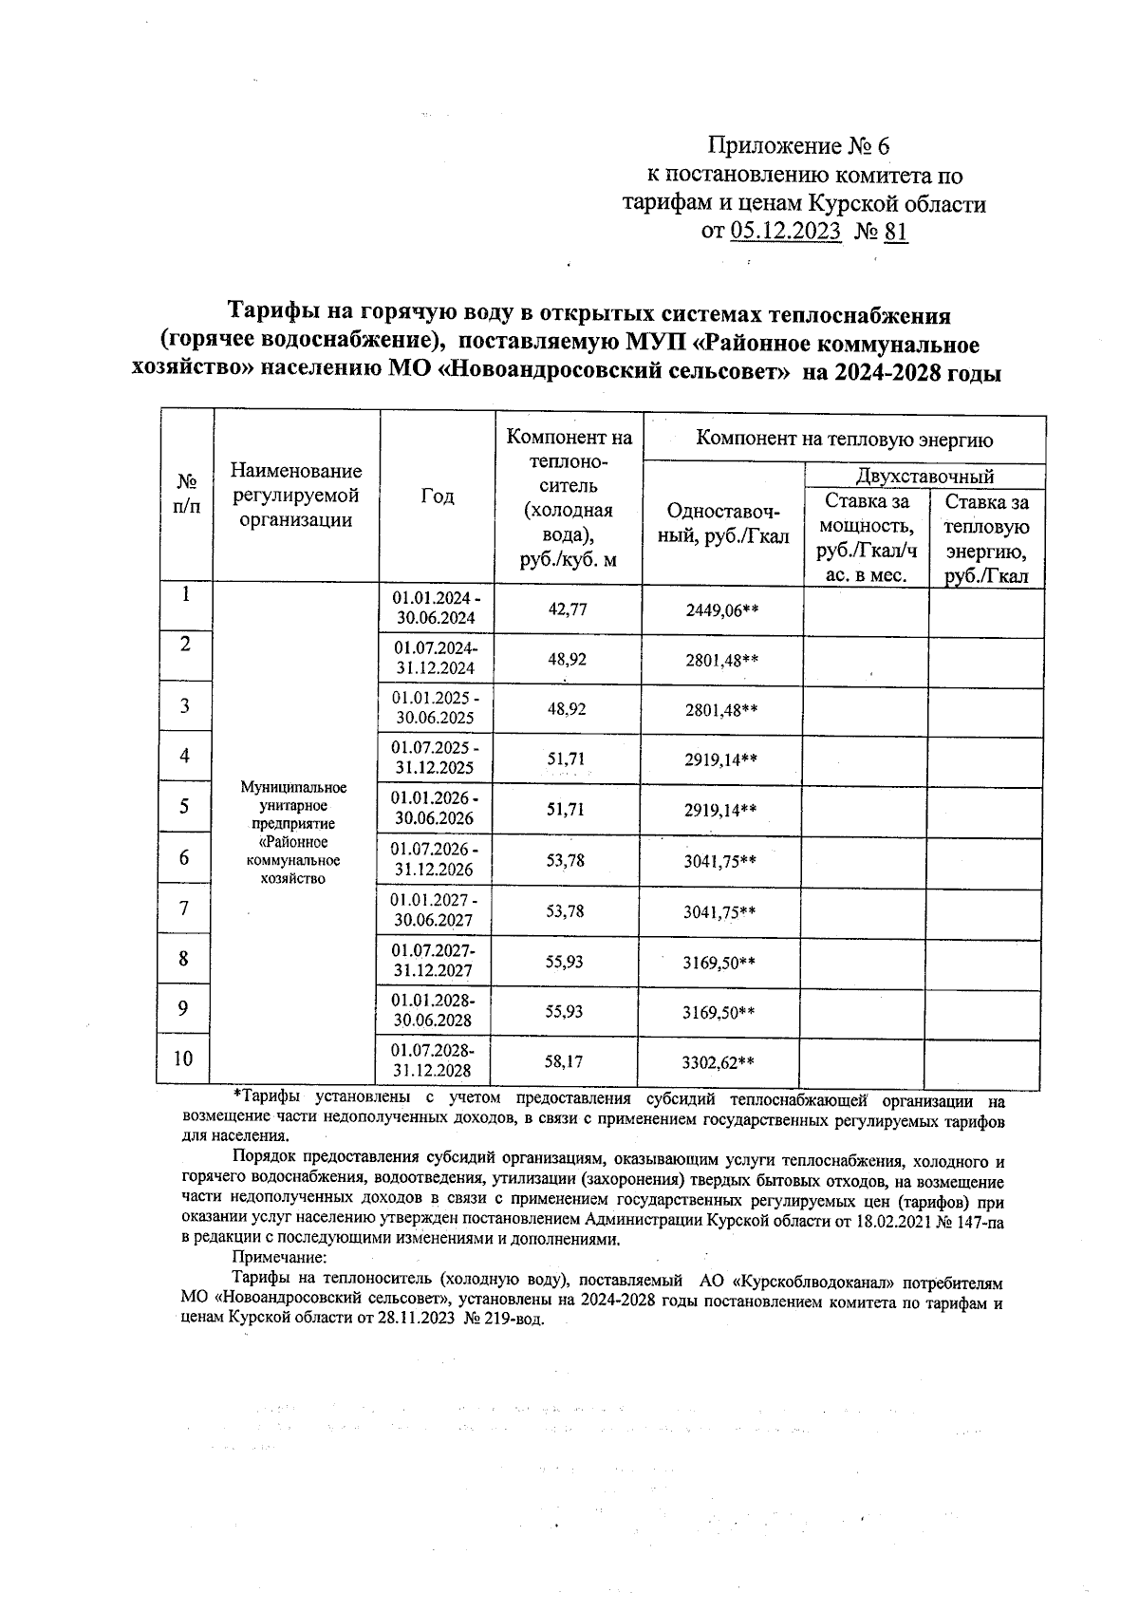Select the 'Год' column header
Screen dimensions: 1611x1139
click(437, 496)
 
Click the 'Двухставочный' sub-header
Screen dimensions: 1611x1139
click(924, 476)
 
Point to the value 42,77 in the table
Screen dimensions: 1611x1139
click(568, 609)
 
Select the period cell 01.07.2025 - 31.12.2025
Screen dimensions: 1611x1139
click(436, 758)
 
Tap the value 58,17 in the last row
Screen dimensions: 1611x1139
click(565, 1061)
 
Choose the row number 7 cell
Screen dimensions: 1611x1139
click(184, 909)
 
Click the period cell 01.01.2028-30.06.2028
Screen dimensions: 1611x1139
click(434, 1011)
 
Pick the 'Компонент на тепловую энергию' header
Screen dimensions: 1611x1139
click(844, 439)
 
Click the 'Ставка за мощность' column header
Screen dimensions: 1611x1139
click(866, 537)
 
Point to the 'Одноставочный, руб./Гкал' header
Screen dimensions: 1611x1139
click(723, 523)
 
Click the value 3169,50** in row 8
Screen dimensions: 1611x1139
click(719, 962)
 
